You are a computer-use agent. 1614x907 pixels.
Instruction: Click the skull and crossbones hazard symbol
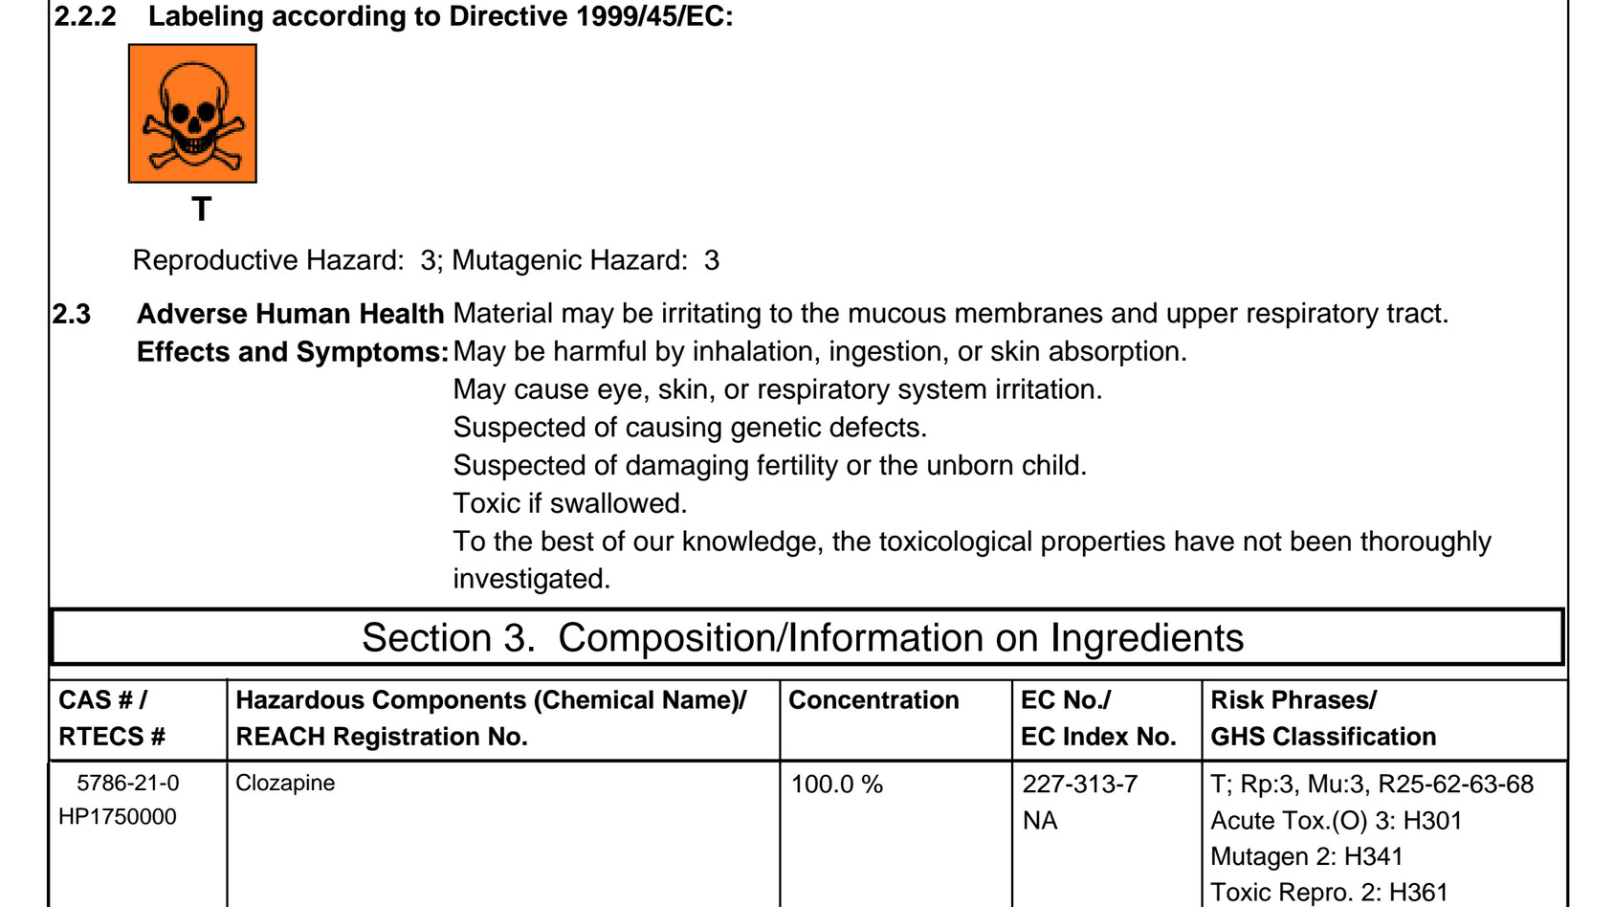[192, 113]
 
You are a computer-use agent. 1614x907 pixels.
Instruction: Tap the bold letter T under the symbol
[201, 210]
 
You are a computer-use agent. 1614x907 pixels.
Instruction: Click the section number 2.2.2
[85, 16]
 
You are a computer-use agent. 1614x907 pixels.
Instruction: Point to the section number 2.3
[72, 314]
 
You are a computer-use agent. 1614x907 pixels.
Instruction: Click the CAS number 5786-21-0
[127, 784]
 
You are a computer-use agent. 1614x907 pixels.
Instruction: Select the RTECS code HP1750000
[118, 817]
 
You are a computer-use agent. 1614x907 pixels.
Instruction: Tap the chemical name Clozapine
[285, 784]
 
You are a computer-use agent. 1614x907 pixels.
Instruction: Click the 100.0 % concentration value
[836, 785]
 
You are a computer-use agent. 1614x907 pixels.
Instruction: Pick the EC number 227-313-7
[1079, 785]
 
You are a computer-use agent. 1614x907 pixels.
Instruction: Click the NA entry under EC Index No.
[1040, 821]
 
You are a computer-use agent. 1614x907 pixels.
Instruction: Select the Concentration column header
[873, 700]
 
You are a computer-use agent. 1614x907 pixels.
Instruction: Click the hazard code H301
[1432, 821]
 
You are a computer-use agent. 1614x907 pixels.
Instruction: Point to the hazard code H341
[1373, 856]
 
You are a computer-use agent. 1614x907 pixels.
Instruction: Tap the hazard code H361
[1418, 893]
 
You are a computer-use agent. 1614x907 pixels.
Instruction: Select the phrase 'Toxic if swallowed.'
[570, 503]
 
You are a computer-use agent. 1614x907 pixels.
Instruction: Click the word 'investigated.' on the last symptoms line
[531, 579]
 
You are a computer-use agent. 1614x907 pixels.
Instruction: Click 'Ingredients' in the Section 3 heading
[1147, 638]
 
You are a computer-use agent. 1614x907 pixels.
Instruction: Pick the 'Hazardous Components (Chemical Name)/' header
[491, 700]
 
